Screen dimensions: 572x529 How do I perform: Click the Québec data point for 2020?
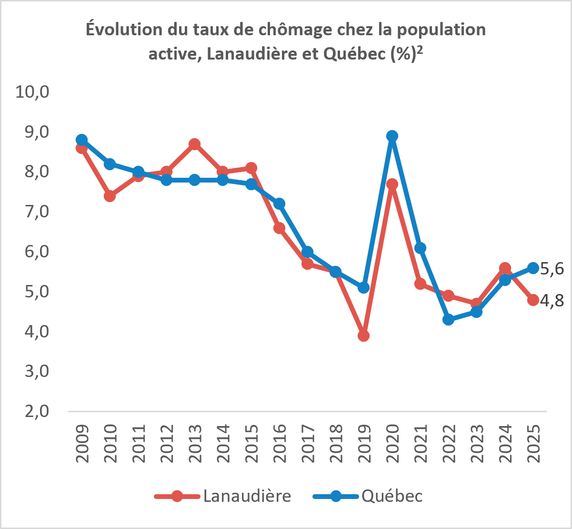[x=392, y=136]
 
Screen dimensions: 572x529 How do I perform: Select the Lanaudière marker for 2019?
[x=363, y=336]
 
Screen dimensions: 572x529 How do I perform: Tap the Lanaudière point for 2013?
[x=195, y=144]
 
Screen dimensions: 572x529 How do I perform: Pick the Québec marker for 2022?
[x=449, y=320]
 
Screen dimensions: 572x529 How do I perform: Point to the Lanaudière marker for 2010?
[x=110, y=196]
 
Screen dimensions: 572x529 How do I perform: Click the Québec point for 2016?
[x=280, y=204]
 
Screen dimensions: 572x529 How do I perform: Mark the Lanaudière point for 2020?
[x=392, y=184]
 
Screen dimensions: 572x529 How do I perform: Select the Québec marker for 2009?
[x=82, y=140]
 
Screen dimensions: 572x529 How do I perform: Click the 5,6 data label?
[x=552, y=269]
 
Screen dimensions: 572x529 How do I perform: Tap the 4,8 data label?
[x=552, y=301]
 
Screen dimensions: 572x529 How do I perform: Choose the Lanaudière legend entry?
[x=222, y=496]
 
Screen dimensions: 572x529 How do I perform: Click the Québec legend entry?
[x=368, y=496]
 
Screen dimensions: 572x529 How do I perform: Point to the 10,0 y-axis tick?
[x=32, y=92]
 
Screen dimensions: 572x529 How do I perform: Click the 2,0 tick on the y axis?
[x=37, y=411]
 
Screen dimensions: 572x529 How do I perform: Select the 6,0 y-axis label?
[x=37, y=252]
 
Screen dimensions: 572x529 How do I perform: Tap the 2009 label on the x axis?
[x=82, y=444]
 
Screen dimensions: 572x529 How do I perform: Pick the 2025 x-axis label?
[x=533, y=444]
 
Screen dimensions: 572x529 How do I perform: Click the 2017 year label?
[x=308, y=444]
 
